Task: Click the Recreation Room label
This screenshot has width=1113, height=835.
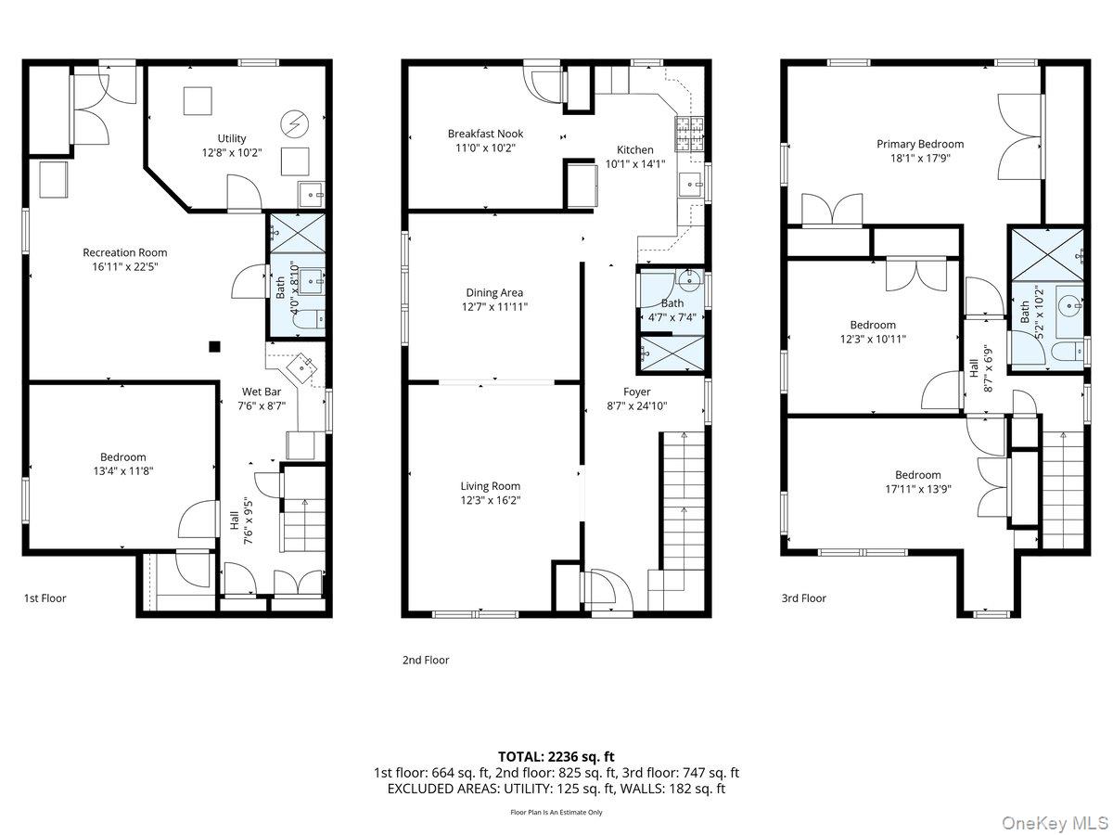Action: click(x=124, y=252)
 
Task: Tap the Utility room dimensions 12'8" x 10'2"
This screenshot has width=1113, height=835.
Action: click(x=232, y=152)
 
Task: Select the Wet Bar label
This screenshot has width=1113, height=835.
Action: click(x=262, y=392)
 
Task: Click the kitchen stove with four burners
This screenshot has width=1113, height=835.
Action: click(x=688, y=135)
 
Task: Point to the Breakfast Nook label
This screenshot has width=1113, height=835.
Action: click(x=485, y=134)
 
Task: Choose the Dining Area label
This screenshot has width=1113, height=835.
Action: click(x=494, y=292)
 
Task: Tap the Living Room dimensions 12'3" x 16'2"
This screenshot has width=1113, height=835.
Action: click(x=491, y=500)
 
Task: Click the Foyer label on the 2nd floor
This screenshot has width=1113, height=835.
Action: click(x=637, y=392)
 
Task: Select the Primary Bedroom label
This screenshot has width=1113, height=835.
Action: click(x=920, y=144)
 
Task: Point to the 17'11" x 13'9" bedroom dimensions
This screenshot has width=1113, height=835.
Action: click(x=918, y=489)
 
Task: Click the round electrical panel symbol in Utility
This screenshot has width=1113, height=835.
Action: click(x=295, y=123)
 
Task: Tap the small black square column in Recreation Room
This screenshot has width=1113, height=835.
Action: click(x=214, y=347)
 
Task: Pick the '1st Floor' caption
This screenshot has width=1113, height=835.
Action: click(x=45, y=598)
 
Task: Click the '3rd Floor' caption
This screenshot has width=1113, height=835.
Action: click(x=804, y=598)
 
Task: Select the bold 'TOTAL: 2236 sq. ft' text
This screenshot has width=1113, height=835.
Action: click(x=556, y=757)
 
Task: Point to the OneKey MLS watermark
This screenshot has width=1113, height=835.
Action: click(x=1055, y=822)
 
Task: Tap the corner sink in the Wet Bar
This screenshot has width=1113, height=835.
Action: click(x=302, y=367)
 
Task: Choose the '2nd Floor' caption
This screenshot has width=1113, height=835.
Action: click(x=426, y=660)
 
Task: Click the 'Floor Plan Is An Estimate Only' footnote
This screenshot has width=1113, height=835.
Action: click(x=556, y=812)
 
